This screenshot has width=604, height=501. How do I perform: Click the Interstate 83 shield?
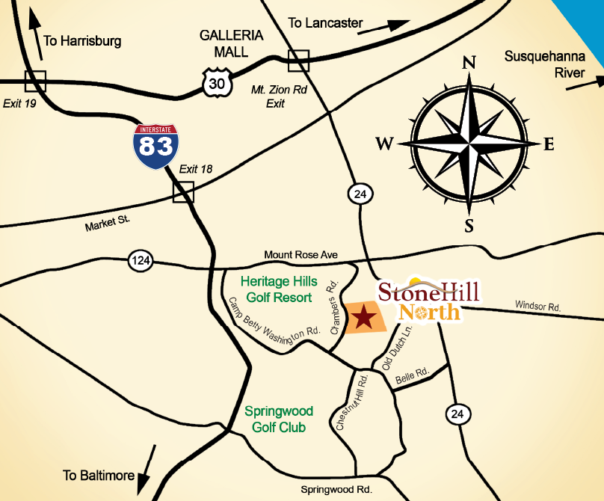click(x=156, y=145)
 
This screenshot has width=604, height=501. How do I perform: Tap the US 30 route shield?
click(x=216, y=83)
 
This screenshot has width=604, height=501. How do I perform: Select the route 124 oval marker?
click(x=140, y=260)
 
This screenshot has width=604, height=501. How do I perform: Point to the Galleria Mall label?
click(x=231, y=44)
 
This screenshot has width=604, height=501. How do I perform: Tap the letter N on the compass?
click(x=469, y=64)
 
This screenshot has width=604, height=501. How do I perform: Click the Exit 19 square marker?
click(x=35, y=81)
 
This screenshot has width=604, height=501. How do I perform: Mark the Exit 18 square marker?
click(x=183, y=192)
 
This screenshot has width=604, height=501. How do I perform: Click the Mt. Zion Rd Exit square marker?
click(x=298, y=60)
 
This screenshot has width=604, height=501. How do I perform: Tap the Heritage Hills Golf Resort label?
click(x=279, y=289)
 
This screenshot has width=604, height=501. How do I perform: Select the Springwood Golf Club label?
click(x=279, y=419)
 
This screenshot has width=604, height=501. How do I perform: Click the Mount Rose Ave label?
click(x=301, y=255)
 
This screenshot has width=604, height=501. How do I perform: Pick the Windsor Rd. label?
click(x=537, y=305)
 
